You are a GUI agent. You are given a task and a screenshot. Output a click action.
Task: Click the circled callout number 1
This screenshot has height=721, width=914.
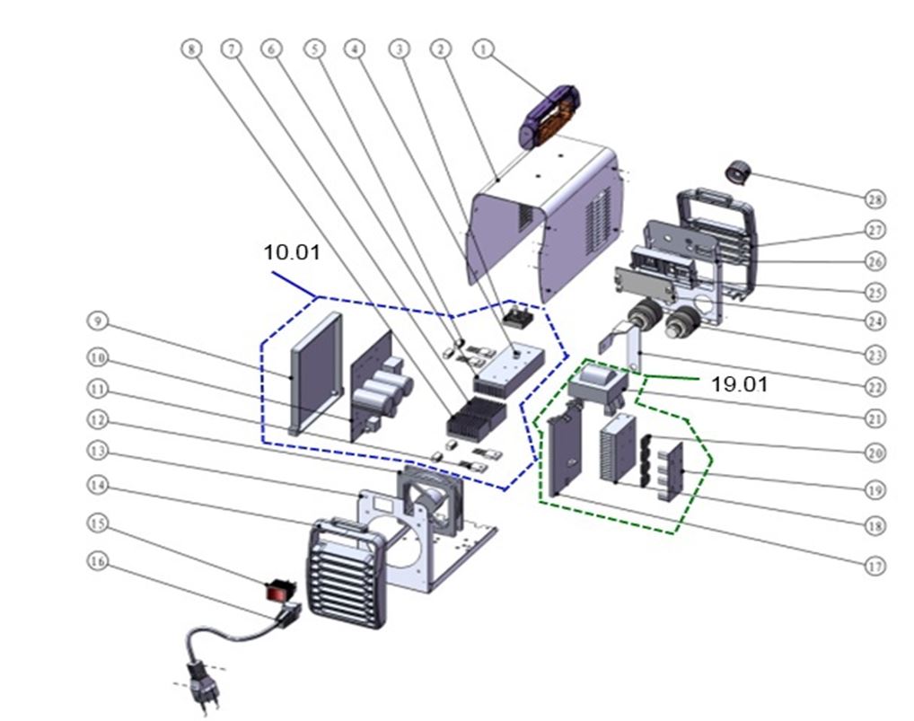(x=485, y=49)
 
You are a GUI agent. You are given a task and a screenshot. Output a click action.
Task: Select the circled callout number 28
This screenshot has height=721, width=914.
(x=875, y=199)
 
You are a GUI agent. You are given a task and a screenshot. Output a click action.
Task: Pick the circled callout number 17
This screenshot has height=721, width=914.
(x=875, y=566)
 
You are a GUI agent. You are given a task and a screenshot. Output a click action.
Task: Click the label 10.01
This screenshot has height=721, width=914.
(x=292, y=252)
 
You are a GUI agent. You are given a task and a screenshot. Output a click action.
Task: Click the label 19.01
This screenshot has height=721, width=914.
(x=740, y=384)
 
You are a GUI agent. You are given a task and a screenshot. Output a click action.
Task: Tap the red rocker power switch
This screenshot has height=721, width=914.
(x=279, y=592)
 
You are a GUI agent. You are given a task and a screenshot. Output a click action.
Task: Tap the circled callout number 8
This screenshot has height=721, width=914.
(x=190, y=49)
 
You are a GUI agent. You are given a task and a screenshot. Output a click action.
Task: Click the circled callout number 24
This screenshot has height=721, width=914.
(x=875, y=321)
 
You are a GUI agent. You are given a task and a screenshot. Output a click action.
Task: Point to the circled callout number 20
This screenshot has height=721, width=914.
(x=875, y=453)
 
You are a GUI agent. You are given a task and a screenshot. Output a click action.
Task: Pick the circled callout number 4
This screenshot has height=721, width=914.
(x=356, y=49)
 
